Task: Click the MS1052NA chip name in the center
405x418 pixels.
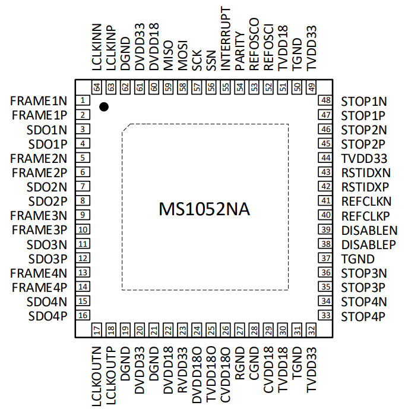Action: click(204, 209)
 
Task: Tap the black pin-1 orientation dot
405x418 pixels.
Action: click(104, 107)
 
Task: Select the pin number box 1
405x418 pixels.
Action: click(83, 100)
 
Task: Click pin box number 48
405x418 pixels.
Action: click(325, 100)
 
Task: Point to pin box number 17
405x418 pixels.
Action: click(97, 330)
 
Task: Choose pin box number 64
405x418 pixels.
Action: click(97, 87)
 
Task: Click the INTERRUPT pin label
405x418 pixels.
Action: click(225, 39)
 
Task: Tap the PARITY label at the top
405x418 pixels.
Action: click(240, 51)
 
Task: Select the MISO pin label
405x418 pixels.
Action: click(168, 55)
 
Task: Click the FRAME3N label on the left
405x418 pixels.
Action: click(39, 215)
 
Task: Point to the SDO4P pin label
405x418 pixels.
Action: click(48, 316)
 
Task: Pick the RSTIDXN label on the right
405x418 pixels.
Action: click(366, 173)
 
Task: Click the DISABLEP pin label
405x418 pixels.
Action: click(369, 245)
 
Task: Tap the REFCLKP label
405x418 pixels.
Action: click(365, 216)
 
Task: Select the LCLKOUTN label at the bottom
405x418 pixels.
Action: click(97, 376)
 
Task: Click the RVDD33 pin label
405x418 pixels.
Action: click(182, 370)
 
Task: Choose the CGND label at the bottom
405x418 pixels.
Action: click(254, 363)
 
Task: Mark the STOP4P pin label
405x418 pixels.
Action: click(363, 316)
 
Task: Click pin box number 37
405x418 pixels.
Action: click(325, 258)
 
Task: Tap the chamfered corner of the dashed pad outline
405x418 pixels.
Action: click(126, 127)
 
